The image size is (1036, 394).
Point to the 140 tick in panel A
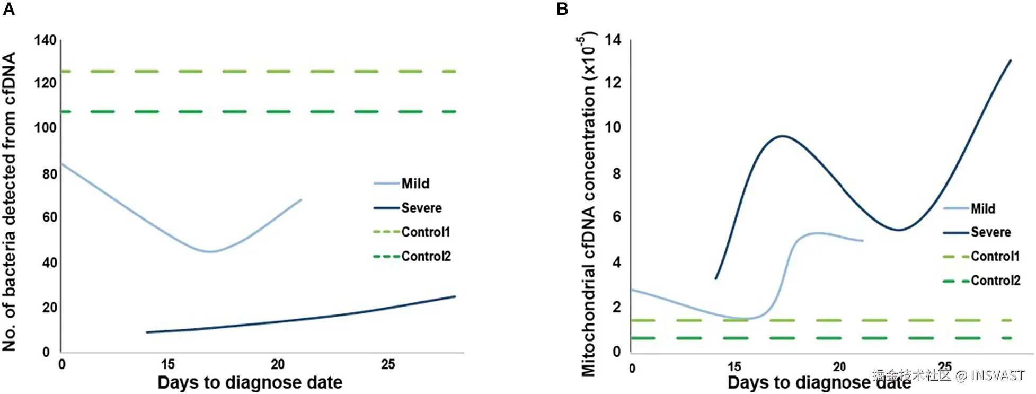tap(45, 40)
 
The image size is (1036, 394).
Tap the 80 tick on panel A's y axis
tap(49, 174)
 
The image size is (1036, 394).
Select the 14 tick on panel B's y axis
tap(613, 40)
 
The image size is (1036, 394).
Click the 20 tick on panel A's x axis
tap(278, 364)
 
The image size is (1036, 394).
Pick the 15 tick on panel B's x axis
tap(734, 366)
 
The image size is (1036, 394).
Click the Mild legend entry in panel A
tap(401, 183)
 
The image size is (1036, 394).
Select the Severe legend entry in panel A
tap(408, 208)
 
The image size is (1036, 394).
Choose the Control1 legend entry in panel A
tap(412, 232)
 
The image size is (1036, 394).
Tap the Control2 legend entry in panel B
tap(981, 281)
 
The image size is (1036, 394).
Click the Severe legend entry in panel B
tap(977, 232)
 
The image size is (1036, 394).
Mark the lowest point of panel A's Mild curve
tap(210, 251)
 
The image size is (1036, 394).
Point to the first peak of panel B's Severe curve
tap(782, 136)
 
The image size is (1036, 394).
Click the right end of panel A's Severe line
tap(455, 296)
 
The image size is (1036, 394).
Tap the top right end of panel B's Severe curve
tap(1011, 60)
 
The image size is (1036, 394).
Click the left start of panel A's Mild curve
tap(62, 164)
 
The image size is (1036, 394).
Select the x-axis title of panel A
tap(250, 382)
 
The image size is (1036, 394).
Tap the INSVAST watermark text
tap(998, 375)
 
